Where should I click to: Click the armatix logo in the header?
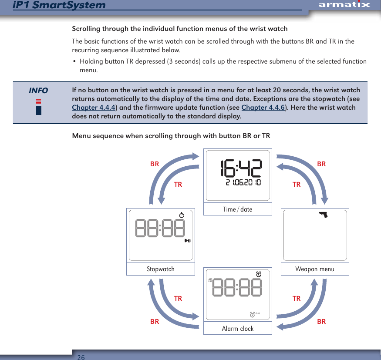click(344, 5)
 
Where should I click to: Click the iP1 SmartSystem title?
click(59, 5)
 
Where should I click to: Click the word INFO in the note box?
click(38, 91)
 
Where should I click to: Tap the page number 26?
click(81, 357)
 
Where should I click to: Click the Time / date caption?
click(237, 209)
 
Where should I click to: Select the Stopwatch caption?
click(160, 269)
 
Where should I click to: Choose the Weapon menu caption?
click(314, 269)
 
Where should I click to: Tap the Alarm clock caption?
click(237, 329)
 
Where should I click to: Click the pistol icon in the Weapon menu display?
click(323, 214)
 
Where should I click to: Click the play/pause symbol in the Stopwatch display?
click(187, 241)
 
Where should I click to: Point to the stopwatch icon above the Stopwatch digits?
click(182, 215)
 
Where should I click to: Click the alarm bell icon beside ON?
click(253, 314)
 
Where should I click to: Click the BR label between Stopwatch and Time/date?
click(155, 164)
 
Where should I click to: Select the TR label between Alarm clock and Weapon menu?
click(297, 299)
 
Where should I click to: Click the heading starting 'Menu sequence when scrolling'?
click(171, 136)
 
